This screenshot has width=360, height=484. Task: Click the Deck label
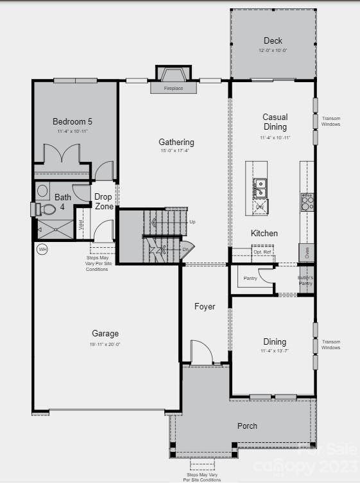tap(273, 41)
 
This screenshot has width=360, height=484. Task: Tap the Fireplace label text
tap(173, 88)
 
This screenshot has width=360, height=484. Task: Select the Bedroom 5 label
tap(72, 121)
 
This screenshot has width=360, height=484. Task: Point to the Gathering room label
tap(176, 143)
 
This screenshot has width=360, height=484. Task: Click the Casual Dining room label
tap(275, 122)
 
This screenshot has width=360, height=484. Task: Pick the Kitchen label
tap(264, 233)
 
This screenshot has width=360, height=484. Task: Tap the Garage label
tap(105, 334)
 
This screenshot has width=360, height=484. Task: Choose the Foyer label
tap(205, 307)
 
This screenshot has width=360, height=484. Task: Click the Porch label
tap(247, 426)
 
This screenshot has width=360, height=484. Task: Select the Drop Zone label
tap(104, 202)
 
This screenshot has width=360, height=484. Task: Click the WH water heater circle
tap(42, 249)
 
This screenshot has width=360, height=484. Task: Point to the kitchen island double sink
tap(261, 189)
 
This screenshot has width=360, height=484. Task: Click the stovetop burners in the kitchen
tap(307, 202)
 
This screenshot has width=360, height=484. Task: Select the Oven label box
tap(307, 252)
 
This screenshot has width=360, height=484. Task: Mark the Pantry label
tap(250, 278)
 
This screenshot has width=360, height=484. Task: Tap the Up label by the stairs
tap(192, 221)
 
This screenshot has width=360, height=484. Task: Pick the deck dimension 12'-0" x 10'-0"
tap(273, 51)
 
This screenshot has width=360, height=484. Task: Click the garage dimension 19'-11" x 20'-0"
tap(105, 344)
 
